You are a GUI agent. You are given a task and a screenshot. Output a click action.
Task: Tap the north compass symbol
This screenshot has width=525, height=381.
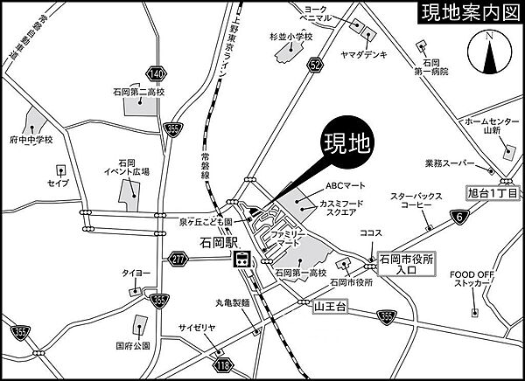(489, 54)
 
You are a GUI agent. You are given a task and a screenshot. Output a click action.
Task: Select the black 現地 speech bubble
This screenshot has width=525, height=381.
(350, 143)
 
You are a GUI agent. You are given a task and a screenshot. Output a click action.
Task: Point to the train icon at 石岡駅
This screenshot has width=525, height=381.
(242, 259)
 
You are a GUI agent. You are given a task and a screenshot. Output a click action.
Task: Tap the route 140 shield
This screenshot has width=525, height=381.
(156, 74)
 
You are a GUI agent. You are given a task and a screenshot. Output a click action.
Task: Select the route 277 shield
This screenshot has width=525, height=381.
(178, 259)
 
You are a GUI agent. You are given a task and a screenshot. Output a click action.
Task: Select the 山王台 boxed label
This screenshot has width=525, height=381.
(331, 307)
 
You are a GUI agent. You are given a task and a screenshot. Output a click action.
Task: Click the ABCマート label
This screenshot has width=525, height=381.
(344, 184)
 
